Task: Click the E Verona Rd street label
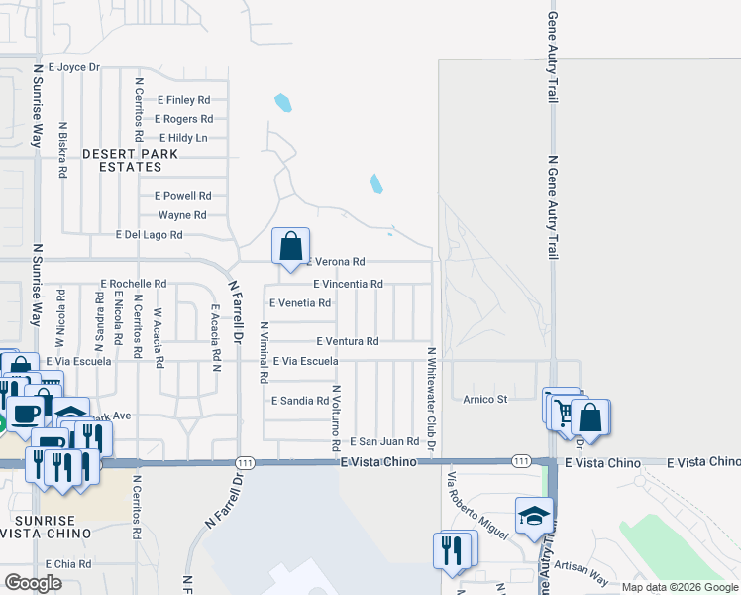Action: (337, 262)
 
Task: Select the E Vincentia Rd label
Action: (348, 284)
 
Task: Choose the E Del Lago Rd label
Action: (149, 235)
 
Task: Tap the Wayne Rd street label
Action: (182, 215)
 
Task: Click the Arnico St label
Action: (485, 400)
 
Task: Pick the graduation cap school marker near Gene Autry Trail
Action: (533, 516)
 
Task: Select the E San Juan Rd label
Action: (384, 441)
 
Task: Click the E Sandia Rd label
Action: (299, 401)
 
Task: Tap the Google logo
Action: (33, 583)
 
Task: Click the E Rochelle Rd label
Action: (133, 283)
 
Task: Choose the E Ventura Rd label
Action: (348, 341)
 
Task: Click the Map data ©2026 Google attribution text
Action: (679, 587)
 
